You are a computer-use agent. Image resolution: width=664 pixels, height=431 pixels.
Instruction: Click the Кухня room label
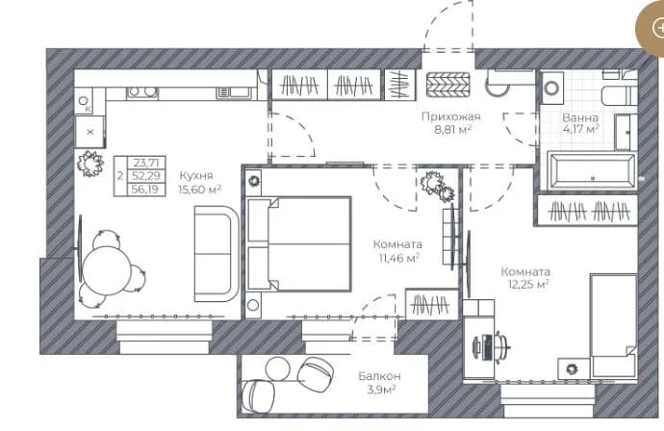pos(196,176)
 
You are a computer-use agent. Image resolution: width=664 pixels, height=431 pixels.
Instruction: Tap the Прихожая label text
pos(451,116)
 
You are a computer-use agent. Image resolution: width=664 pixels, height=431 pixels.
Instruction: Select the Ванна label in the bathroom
pos(580,117)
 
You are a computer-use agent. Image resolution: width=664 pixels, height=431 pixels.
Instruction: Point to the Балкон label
pos(379,376)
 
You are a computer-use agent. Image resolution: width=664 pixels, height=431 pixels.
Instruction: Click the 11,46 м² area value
pos(399,258)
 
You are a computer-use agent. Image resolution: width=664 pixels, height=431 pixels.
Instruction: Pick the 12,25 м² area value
pos(528,284)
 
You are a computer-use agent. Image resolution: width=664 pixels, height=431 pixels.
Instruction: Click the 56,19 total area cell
pos(145,190)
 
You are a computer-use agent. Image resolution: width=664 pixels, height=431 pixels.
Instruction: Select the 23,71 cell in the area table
pos(146,163)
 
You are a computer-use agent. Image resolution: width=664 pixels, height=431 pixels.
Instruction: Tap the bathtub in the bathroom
pos(592,171)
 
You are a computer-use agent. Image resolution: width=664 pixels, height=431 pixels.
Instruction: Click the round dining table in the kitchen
pos(107,270)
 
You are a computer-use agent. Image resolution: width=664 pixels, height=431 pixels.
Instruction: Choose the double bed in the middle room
pos(299,243)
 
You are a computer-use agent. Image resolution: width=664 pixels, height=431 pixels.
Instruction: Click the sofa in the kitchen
pos(216,254)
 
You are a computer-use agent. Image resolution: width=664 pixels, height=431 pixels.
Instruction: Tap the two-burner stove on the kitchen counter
pos(141,91)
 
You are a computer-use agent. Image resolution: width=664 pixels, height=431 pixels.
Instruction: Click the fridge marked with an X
pos(89,132)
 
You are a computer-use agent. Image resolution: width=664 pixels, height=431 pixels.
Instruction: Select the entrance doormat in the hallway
pos(448,85)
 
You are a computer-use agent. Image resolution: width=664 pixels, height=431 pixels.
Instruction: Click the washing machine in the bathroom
pos(551,89)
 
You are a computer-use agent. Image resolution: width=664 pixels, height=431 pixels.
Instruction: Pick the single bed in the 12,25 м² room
pos(614,325)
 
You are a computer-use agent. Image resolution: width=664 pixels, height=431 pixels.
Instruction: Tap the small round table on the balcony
pos(277,368)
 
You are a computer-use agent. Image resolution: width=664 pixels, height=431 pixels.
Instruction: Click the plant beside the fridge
pos(90,163)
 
